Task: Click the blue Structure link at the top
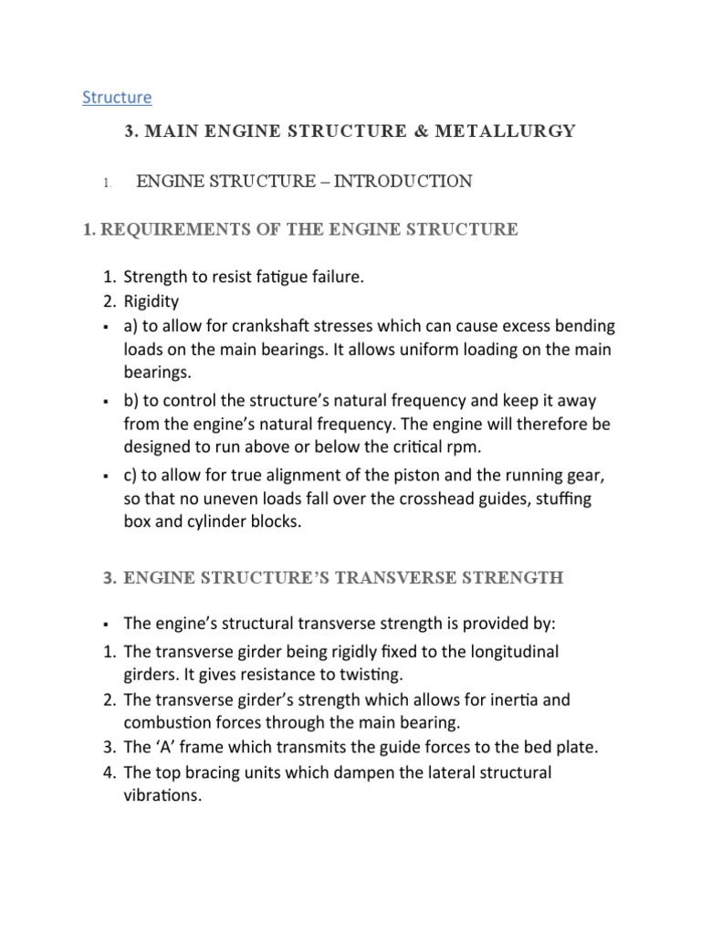(x=117, y=97)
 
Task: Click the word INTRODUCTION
(x=403, y=182)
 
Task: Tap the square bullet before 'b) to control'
(x=107, y=402)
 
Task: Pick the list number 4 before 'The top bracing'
(x=109, y=772)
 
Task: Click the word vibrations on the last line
(x=161, y=796)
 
